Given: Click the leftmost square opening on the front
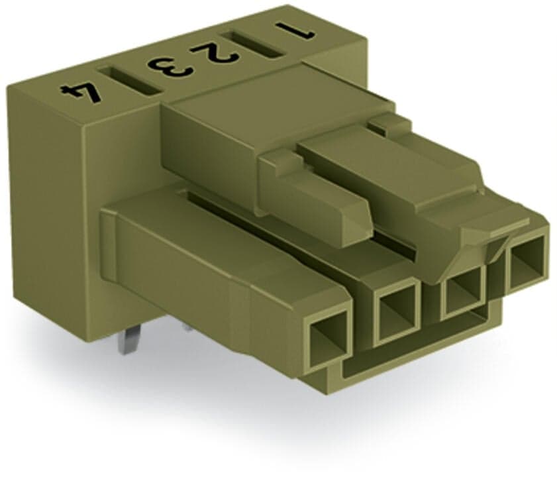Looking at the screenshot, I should tap(327, 334).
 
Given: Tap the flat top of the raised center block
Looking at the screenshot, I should tap(265, 106).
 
